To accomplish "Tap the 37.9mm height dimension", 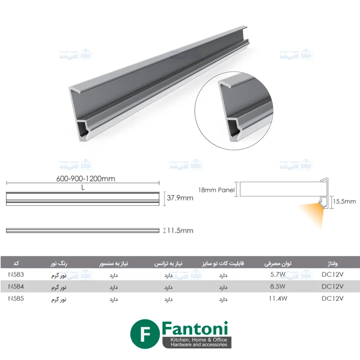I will [180, 198].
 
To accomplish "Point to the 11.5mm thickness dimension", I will [180, 230].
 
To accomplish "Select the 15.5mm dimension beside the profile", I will [345, 202].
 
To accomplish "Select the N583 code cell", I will [16, 274].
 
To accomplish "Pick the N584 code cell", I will [16, 287].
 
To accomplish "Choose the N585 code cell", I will [16, 298].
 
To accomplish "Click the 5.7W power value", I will [278, 274].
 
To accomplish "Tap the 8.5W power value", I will [278, 287].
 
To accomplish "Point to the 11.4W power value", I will [278, 298].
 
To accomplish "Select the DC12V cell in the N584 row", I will [333, 287].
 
